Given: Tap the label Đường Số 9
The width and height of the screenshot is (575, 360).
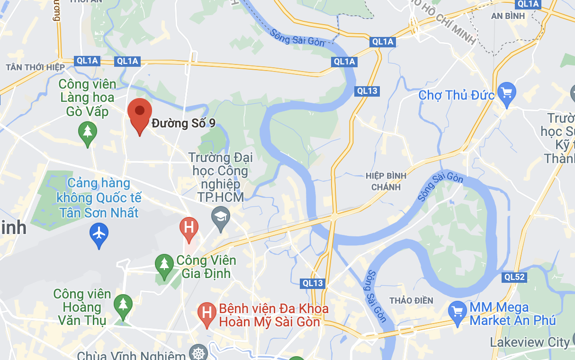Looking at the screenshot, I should [x=184, y=124].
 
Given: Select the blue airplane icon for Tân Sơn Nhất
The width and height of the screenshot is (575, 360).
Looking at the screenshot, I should [x=99, y=234].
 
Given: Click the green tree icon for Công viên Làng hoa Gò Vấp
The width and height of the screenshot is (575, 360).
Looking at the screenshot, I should [x=87, y=131].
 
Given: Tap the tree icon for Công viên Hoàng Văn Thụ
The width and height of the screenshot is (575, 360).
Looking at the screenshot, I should [x=123, y=304].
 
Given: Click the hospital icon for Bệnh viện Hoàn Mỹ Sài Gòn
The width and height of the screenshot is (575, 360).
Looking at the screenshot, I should [x=207, y=313].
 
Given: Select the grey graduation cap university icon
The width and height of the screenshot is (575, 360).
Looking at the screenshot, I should [x=220, y=217].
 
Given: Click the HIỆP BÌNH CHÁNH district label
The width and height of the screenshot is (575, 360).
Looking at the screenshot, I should [x=386, y=181].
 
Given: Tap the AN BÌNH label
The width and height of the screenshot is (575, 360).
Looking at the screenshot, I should [x=508, y=16].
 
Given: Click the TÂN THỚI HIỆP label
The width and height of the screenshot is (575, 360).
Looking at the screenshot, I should [x=36, y=67].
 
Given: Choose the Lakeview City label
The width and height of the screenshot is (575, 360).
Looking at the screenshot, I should [x=530, y=342].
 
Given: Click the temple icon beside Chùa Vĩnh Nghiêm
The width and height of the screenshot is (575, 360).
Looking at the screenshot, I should [x=198, y=354].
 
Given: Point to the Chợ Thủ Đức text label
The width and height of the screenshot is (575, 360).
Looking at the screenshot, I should [x=457, y=95].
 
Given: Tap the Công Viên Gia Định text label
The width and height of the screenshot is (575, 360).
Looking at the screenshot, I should [x=206, y=267].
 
